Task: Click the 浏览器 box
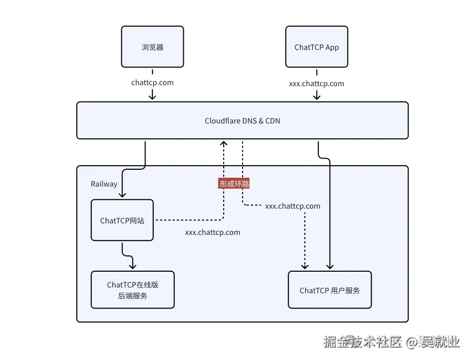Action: [152, 47]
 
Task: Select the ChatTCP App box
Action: [317, 47]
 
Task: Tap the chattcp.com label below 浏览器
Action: [152, 83]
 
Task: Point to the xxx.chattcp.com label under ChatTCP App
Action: [317, 84]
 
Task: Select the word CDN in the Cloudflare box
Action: [273, 121]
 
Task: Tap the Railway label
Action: [104, 184]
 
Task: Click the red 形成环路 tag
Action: [234, 183]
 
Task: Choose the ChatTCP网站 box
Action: [122, 220]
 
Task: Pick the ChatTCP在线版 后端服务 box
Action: [132, 290]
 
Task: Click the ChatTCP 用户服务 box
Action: [330, 290]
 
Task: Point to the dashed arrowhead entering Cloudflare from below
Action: [224, 143]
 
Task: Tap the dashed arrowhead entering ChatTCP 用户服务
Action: [305, 266]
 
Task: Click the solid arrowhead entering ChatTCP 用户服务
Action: [330, 266]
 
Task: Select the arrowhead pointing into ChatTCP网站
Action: [122, 195]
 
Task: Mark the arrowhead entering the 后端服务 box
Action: [133, 266]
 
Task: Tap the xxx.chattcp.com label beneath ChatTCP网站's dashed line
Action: [213, 232]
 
